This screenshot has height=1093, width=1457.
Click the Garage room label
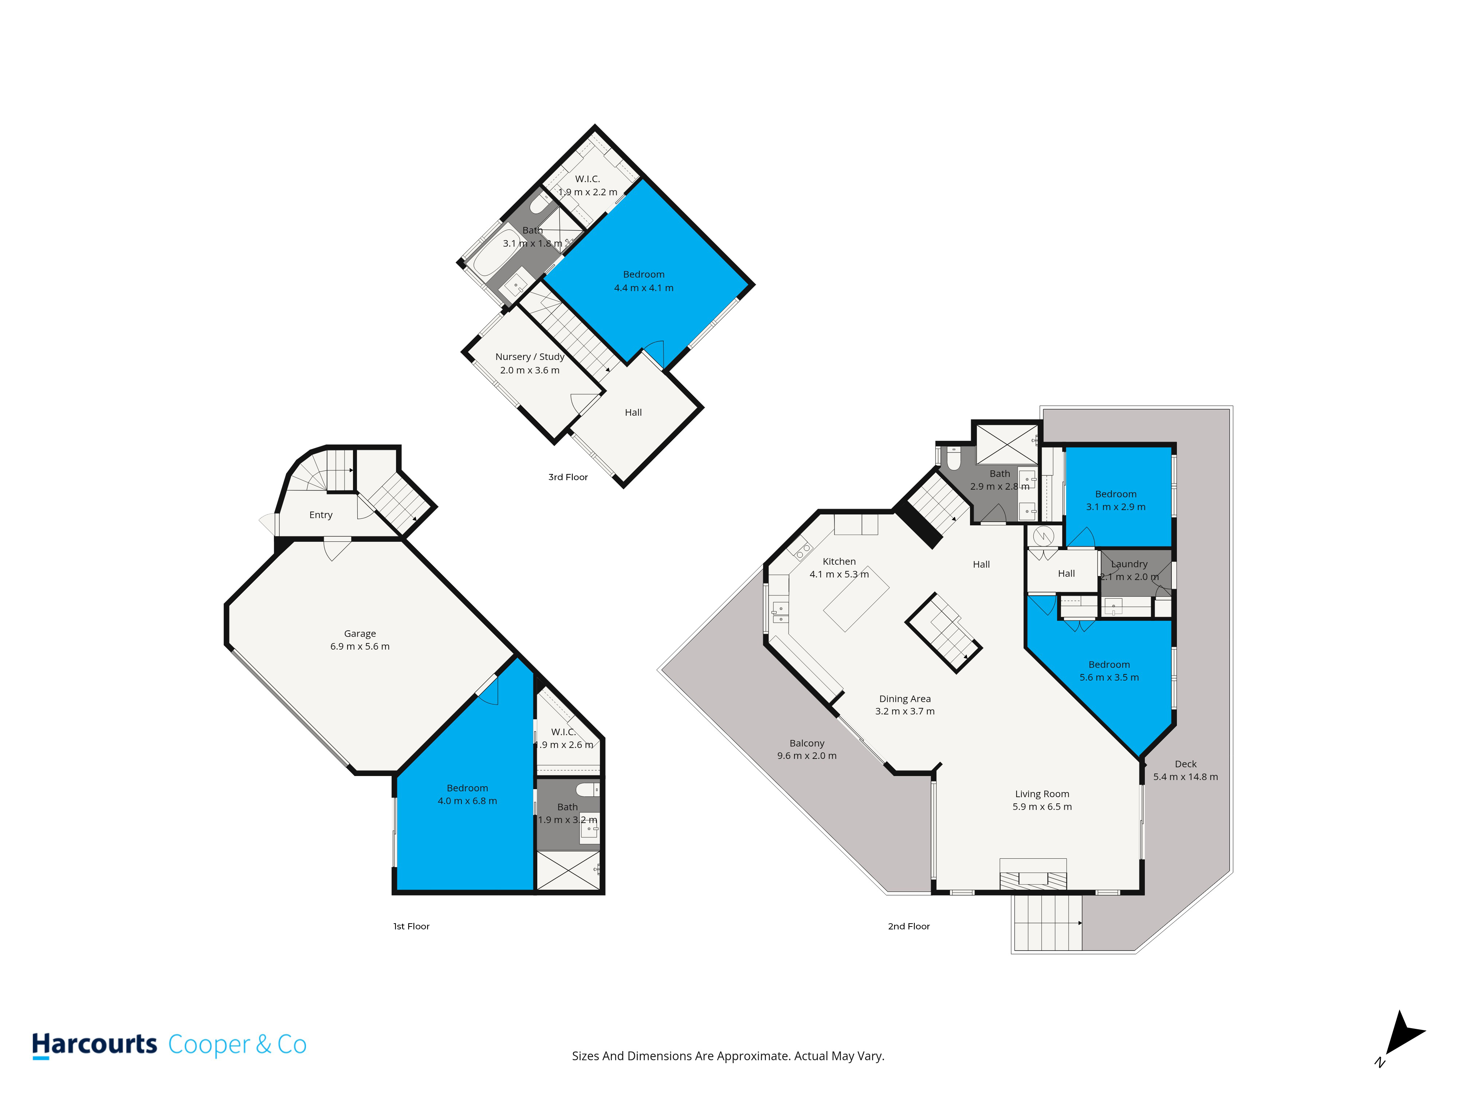[360, 633]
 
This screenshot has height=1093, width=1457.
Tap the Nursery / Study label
[530, 356]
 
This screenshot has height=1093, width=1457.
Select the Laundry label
[1129, 564]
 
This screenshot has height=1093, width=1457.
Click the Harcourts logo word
[95, 1044]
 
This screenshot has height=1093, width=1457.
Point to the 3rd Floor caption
[568, 477]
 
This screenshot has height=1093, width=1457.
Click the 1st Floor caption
[411, 926]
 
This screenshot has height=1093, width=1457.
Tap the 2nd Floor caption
[909, 926]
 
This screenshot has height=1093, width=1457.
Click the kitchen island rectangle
[856, 599]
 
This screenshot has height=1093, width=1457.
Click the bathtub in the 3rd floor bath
[497, 252]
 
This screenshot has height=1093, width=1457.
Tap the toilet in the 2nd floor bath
[953, 459]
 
